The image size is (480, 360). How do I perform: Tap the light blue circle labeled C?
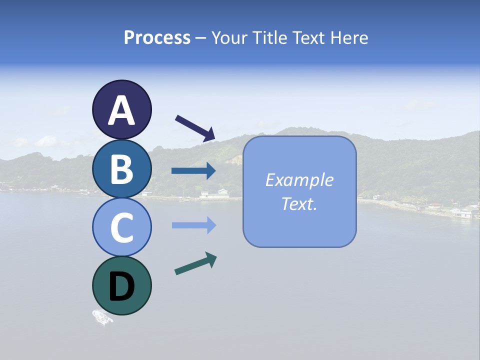point(121,227)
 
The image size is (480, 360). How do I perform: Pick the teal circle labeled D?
point(121,285)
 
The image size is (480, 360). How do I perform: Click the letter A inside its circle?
point(122,110)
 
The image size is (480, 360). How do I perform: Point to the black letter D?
point(122,287)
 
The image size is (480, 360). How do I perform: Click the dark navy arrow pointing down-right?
point(195,128)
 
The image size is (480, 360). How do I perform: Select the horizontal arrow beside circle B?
point(193,171)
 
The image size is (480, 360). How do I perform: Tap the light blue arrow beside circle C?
point(193,225)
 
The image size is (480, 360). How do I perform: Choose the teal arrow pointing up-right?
point(195,264)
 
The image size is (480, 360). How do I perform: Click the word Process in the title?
point(157,37)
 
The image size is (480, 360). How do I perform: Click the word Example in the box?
point(299,180)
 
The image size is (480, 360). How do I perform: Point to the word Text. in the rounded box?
point(299,203)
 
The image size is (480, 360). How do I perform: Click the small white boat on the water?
point(102,317)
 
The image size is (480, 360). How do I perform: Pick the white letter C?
point(122,228)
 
